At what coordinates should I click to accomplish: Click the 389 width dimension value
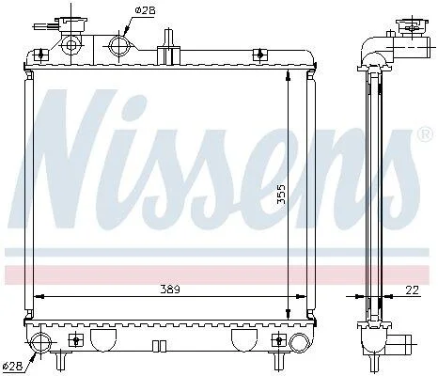point(170,290)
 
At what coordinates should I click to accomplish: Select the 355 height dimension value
point(281,195)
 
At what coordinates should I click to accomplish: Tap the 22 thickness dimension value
point(412,290)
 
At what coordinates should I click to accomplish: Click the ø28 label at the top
point(145,10)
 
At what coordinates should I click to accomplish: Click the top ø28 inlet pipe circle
point(119,46)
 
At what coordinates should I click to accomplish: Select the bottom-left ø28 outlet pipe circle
point(41,342)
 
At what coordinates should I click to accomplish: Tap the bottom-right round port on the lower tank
point(299,342)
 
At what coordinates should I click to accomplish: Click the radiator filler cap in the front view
point(71,24)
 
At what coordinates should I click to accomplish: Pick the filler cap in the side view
point(412,29)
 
